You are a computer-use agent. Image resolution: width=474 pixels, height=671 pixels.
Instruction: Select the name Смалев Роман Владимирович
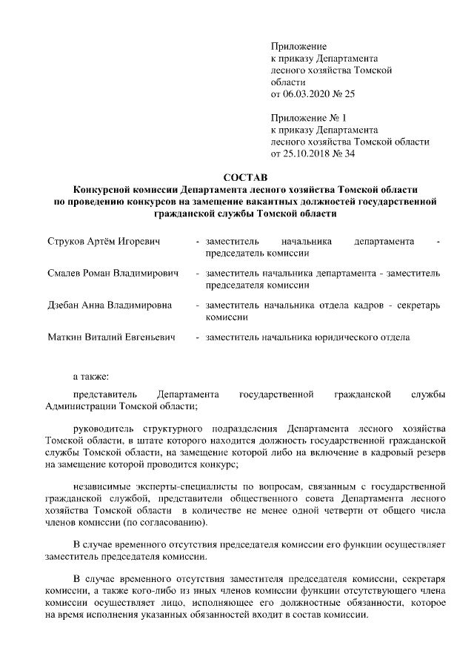(113, 274)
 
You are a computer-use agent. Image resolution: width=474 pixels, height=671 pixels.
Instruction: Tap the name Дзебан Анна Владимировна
(110, 305)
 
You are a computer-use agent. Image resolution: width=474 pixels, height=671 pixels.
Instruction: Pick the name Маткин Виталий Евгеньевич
(111, 337)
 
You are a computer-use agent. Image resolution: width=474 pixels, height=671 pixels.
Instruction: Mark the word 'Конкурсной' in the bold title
(99, 189)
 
